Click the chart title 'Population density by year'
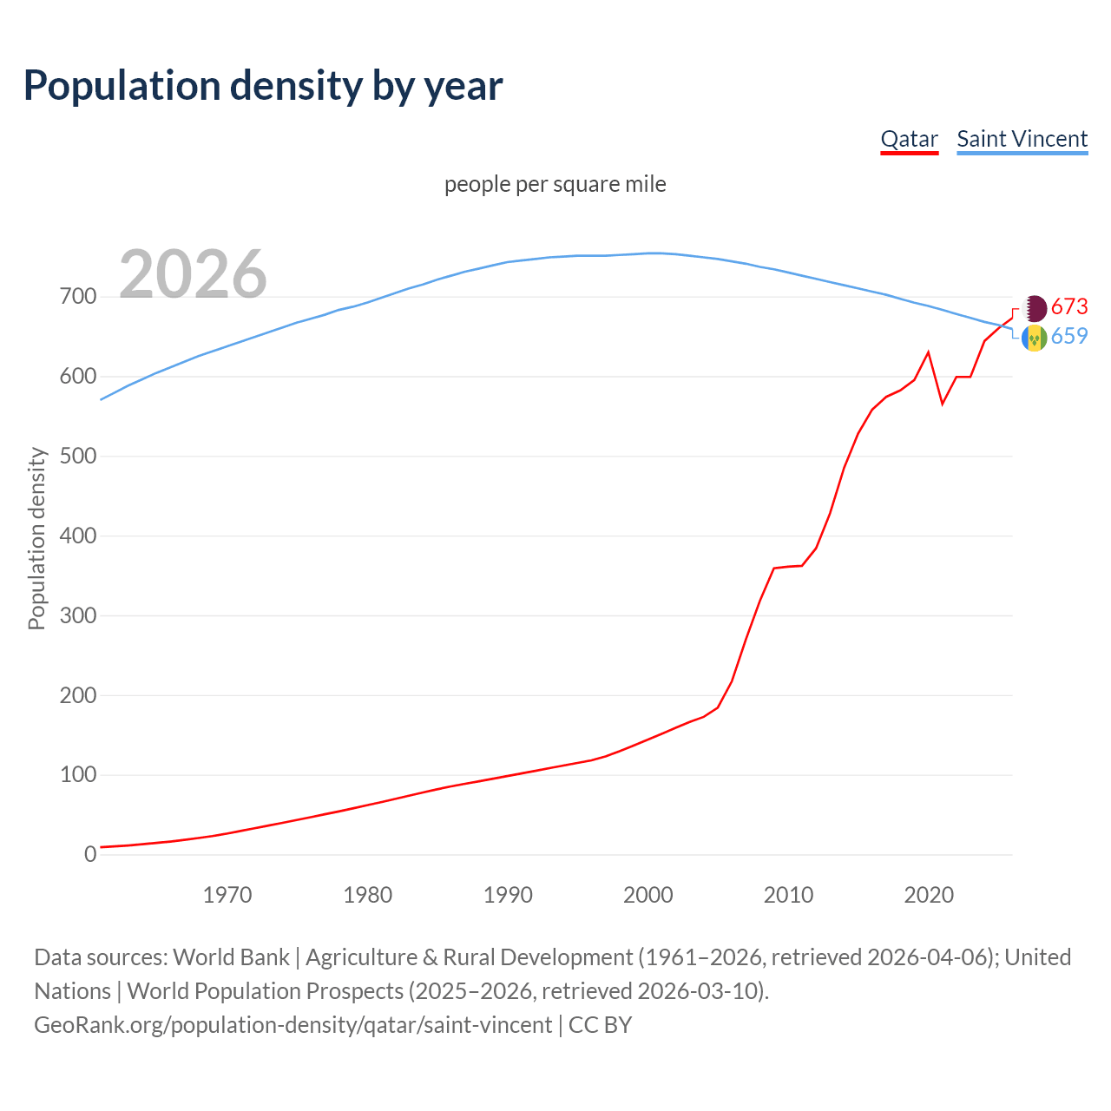(x=263, y=86)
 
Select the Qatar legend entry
(x=909, y=139)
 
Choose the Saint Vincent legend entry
(x=1022, y=139)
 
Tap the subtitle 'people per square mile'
(x=555, y=185)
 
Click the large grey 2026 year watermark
(x=193, y=274)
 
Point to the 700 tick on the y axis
(x=78, y=297)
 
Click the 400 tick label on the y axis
(x=78, y=536)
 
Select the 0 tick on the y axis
(x=90, y=854)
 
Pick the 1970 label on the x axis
(x=227, y=895)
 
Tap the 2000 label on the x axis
(x=648, y=895)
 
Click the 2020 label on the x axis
(x=929, y=895)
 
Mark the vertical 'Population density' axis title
(x=36, y=538)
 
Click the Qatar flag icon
(x=1035, y=307)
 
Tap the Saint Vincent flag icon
(x=1035, y=338)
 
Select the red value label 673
(x=1069, y=306)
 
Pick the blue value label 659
(x=1069, y=337)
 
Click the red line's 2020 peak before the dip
(x=929, y=352)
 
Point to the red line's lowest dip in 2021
(x=943, y=404)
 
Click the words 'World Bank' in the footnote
(x=231, y=957)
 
